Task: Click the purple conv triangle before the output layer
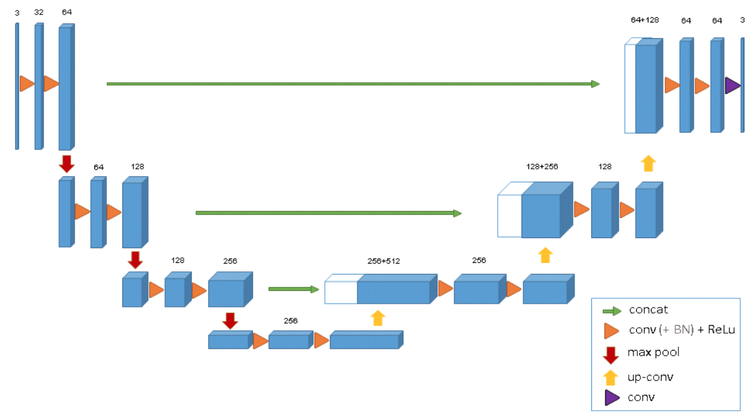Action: [732, 85]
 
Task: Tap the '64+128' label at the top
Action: [645, 20]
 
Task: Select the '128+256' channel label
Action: [542, 167]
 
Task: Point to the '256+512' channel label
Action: [383, 261]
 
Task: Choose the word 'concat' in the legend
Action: [648, 310]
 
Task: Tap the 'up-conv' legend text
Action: [650, 377]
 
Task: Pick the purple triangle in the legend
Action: [611, 397]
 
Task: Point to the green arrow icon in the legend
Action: [612, 311]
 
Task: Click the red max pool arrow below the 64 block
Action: [67, 164]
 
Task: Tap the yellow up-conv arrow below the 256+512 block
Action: [378, 318]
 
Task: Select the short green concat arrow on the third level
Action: [293, 289]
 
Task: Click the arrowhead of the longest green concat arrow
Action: [595, 84]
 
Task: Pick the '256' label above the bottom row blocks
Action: [291, 321]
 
